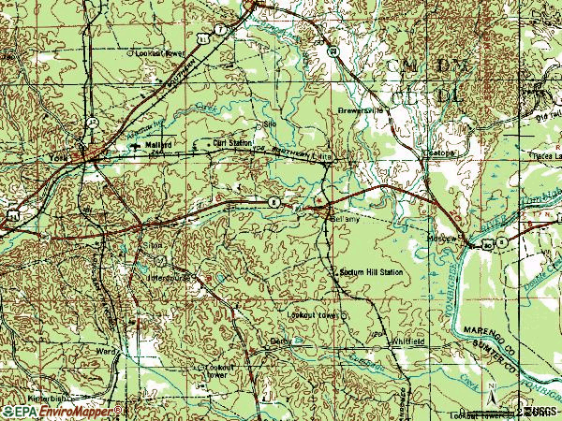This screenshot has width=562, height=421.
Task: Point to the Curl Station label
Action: coord(233,143)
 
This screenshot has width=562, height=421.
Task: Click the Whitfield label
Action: coord(409,342)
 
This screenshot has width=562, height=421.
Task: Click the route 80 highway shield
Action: coord(273,202)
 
